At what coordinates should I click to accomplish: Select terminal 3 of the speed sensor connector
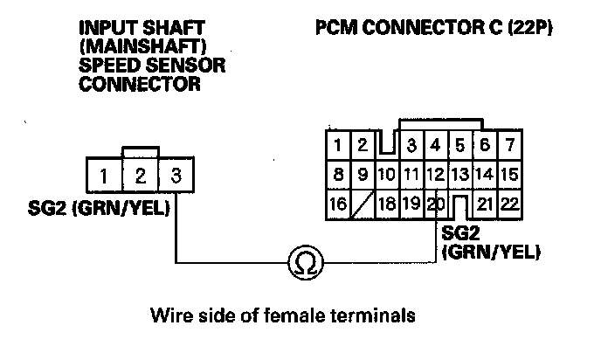tap(176, 176)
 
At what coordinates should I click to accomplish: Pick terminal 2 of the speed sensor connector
tap(140, 176)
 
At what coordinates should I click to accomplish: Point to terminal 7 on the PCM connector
tap(509, 142)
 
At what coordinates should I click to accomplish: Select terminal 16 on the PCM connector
tap(336, 205)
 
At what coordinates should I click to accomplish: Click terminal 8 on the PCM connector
tap(336, 174)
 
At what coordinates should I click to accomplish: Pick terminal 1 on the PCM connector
tap(336, 142)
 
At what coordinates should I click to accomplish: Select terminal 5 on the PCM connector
tap(461, 142)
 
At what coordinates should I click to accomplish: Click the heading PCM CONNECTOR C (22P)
tap(433, 28)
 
